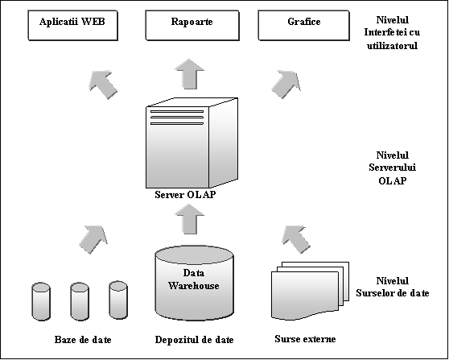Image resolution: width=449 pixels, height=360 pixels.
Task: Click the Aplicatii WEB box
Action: (x=72, y=25)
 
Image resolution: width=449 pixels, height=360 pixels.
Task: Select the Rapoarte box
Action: (x=192, y=25)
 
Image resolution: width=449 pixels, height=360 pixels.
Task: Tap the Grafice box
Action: (x=304, y=25)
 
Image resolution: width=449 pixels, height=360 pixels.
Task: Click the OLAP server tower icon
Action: (x=192, y=143)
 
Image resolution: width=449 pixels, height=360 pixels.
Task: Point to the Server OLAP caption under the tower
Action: (x=185, y=195)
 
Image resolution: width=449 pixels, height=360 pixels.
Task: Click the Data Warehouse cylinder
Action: (x=195, y=283)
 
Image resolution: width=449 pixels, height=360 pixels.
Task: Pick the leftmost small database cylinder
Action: (x=41, y=301)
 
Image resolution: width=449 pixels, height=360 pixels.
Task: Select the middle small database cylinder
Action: (x=80, y=301)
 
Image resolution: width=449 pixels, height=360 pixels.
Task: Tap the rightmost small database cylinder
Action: (x=118, y=300)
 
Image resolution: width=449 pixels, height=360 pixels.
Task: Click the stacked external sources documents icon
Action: (x=310, y=291)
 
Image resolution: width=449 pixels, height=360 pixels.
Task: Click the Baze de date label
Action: (x=83, y=340)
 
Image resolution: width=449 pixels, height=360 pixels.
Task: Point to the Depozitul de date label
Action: (x=194, y=340)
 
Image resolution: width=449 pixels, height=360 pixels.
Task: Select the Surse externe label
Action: (x=305, y=339)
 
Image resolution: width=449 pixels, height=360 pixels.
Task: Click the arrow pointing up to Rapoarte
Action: (x=189, y=74)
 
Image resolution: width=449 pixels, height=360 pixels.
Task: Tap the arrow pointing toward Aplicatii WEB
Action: (x=103, y=85)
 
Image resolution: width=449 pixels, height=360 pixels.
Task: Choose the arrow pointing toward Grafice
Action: (x=286, y=85)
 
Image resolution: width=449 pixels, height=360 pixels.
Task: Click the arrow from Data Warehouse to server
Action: (x=189, y=219)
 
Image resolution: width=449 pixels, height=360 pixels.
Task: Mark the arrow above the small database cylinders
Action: (x=93, y=239)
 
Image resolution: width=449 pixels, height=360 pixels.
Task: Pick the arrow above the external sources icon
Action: (x=296, y=239)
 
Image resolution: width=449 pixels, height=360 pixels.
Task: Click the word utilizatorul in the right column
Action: (x=393, y=45)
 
